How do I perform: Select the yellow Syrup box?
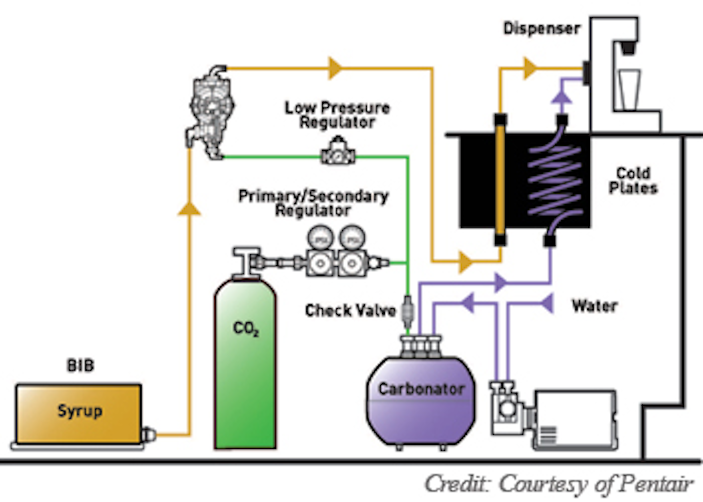[x=79, y=412]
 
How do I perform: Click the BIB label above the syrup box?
[x=80, y=365]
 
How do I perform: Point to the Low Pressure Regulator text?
[x=337, y=115]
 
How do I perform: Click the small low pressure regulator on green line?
[x=337, y=152]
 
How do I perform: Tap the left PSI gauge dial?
[x=320, y=239]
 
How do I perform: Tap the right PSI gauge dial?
[x=352, y=239]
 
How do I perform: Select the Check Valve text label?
[x=350, y=310]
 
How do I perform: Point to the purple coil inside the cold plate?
[x=556, y=181]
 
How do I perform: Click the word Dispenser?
[x=542, y=28]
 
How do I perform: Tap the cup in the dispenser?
[x=628, y=90]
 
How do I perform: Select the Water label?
[x=595, y=306]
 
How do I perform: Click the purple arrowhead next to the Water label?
[x=548, y=304]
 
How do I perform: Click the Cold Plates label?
[x=633, y=181]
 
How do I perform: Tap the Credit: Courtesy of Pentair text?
[x=558, y=484]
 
